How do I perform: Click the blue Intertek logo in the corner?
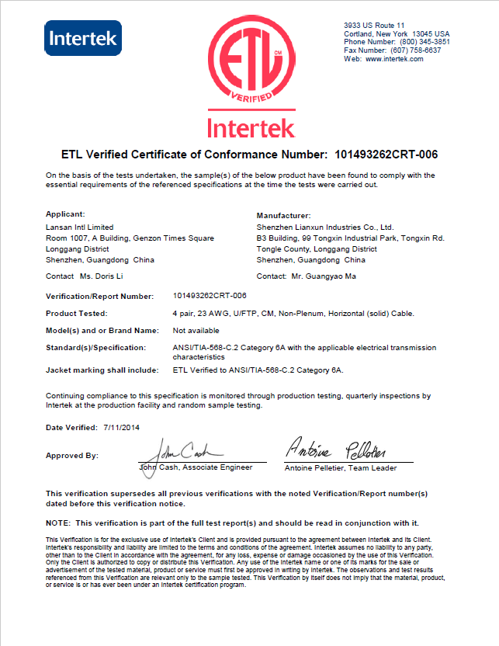pyautogui.click(x=83, y=38)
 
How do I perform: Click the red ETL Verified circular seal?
pyautogui.click(x=249, y=63)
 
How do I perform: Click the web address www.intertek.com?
pyautogui.click(x=394, y=59)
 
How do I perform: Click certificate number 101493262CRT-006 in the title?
pyautogui.click(x=382, y=153)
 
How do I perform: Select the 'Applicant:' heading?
pyautogui.click(x=65, y=214)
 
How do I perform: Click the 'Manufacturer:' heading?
pyautogui.click(x=283, y=214)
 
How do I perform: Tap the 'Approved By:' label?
pyautogui.click(x=72, y=456)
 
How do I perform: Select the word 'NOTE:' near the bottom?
pyautogui.click(x=59, y=523)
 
